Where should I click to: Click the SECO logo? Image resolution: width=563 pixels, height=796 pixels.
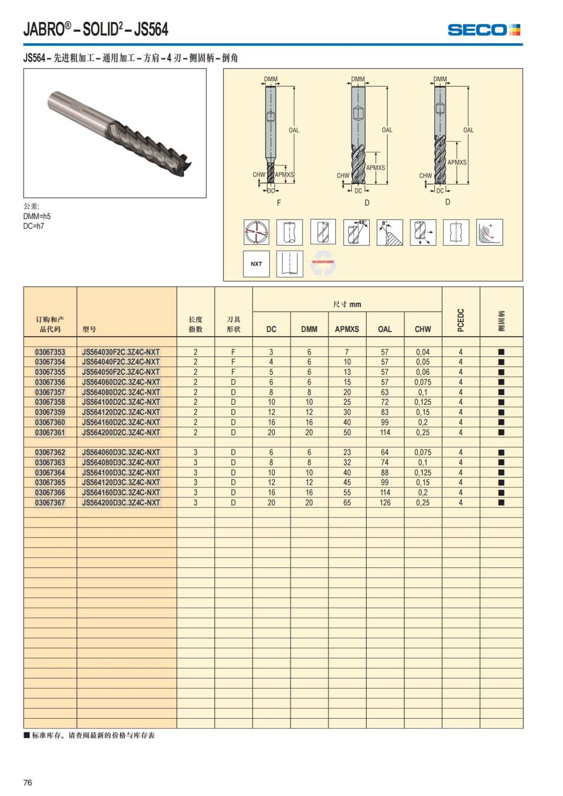tap(484, 30)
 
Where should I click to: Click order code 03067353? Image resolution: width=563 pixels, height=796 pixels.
tap(50, 352)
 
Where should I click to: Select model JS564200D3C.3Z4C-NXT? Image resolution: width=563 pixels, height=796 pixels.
tap(121, 502)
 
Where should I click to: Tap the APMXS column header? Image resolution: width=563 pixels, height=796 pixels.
tap(347, 329)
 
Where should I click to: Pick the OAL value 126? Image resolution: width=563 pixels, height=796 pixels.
tap(385, 502)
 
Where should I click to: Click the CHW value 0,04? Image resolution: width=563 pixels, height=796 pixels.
tap(423, 352)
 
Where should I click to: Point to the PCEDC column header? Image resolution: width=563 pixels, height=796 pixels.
tap(461, 320)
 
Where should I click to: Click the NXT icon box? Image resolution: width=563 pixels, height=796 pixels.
tap(256, 264)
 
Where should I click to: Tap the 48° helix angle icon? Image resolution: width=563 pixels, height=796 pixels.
tap(357, 232)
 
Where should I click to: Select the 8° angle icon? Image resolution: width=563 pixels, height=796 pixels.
tap(389, 232)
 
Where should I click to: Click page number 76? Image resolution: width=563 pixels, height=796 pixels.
tap(28, 782)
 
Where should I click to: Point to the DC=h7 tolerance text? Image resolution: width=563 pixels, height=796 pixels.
tap(34, 226)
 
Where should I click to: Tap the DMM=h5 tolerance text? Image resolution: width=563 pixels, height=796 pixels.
tap(37, 216)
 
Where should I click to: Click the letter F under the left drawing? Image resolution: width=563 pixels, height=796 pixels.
tap(279, 203)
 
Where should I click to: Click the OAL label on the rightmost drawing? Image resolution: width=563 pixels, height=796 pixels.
tap(468, 130)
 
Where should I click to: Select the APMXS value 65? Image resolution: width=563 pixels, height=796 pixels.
tap(347, 502)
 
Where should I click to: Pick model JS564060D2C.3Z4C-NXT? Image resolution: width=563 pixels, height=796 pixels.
tap(121, 382)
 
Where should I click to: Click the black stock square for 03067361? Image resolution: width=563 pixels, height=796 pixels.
tap(501, 432)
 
